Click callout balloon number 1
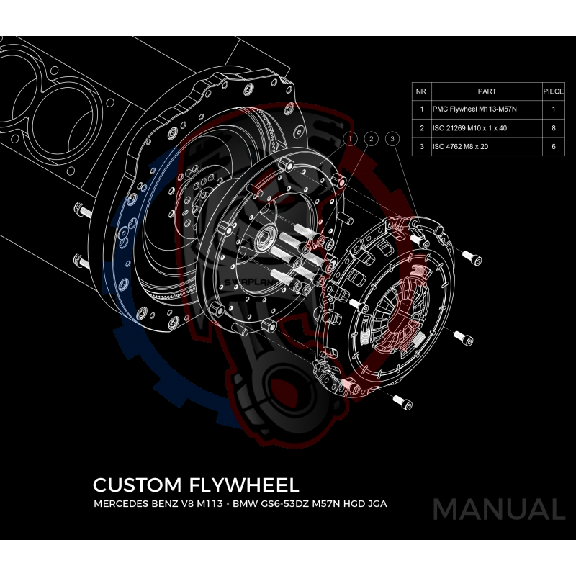pos(351,138)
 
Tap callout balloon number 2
pos(371,138)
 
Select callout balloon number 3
pos(392,138)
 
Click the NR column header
pos(421,91)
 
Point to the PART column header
pos(487,91)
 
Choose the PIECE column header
pos(553,91)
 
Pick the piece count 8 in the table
pos(553,128)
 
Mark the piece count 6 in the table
pos(553,146)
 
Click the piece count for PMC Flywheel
pos(553,109)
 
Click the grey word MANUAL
pos(498,510)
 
